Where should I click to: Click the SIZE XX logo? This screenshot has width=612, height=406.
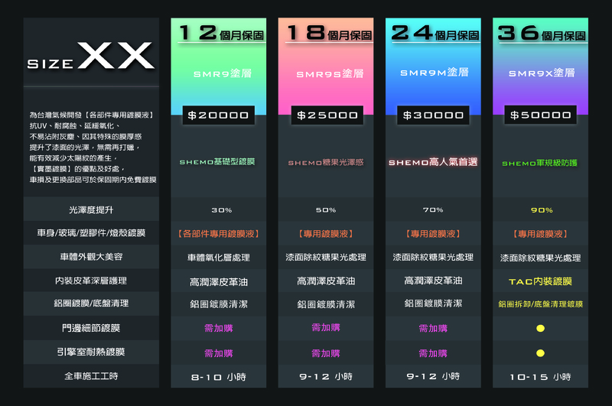[91, 58]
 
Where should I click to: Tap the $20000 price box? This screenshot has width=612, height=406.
[219, 115]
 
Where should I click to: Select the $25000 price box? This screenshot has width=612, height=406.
[327, 115]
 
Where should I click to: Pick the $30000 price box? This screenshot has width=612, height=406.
[434, 115]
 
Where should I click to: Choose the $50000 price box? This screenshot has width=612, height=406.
[541, 115]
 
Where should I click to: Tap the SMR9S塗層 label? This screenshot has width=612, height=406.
[326, 74]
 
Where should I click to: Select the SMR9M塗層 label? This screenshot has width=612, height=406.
[434, 72]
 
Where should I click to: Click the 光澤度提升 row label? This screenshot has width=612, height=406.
[91, 209]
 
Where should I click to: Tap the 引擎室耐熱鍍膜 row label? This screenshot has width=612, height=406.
[91, 352]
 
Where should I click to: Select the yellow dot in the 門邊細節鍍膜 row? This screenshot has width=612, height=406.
[540, 329]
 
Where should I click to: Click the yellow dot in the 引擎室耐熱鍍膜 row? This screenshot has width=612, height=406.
[540, 353]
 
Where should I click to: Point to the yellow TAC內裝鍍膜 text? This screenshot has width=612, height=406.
[541, 281]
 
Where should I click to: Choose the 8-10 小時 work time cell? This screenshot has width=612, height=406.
[219, 377]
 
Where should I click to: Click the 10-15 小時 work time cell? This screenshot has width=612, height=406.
[541, 377]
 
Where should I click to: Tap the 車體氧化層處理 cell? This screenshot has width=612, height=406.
[219, 258]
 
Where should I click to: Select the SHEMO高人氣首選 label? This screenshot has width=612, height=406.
[433, 162]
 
